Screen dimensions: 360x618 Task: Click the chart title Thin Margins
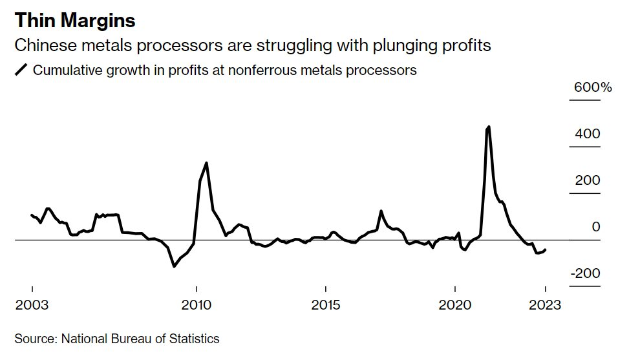pyautogui.click(x=75, y=21)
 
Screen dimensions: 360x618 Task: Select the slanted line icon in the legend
pyautogui.click(x=21, y=70)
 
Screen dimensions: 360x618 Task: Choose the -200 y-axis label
pyautogui.click(x=585, y=273)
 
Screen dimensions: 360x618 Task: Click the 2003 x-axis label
pyautogui.click(x=32, y=305)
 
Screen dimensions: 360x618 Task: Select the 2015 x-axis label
pyautogui.click(x=326, y=305)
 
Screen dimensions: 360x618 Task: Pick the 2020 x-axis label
pyautogui.click(x=456, y=305)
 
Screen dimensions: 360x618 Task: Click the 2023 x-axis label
pyautogui.click(x=545, y=305)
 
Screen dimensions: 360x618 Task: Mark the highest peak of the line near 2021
pyautogui.click(x=488, y=127)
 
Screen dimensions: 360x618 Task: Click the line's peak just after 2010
pyautogui.click(x=206, y=163)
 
